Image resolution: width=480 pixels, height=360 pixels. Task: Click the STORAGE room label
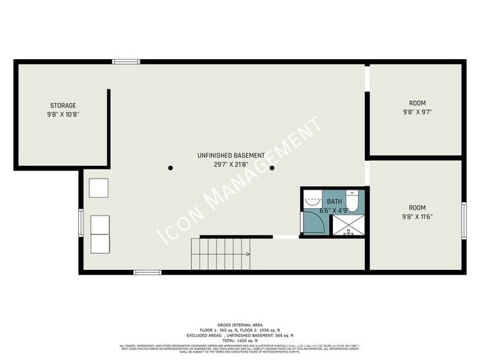[x=63, y=105]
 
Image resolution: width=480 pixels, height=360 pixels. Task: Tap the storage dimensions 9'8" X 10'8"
[x=63, y=115]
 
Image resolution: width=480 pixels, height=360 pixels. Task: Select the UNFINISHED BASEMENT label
[x=231, y=156]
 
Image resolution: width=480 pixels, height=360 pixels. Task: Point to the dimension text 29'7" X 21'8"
[x=231, y=165]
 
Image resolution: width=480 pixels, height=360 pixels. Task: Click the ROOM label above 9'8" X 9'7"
[x=417, y=103]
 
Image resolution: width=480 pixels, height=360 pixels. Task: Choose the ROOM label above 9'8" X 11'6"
[x=417, y=208]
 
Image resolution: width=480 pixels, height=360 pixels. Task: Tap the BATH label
[x=335, y=201]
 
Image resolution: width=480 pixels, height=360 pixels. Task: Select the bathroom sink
[x=311, y=198]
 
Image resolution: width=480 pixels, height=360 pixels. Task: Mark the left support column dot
[x=171, y=168]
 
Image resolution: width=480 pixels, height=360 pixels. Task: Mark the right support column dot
[x=272, y=168]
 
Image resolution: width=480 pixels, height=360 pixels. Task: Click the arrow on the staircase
[x=247, y=254]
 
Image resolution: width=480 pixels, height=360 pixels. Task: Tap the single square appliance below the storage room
[x=99, y=187]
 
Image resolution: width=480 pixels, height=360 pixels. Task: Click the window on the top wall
[x=126, y=61]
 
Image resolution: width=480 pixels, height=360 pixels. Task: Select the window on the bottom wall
[x=147, y=272]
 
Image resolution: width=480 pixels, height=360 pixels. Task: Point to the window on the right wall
[x=464, y=221]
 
